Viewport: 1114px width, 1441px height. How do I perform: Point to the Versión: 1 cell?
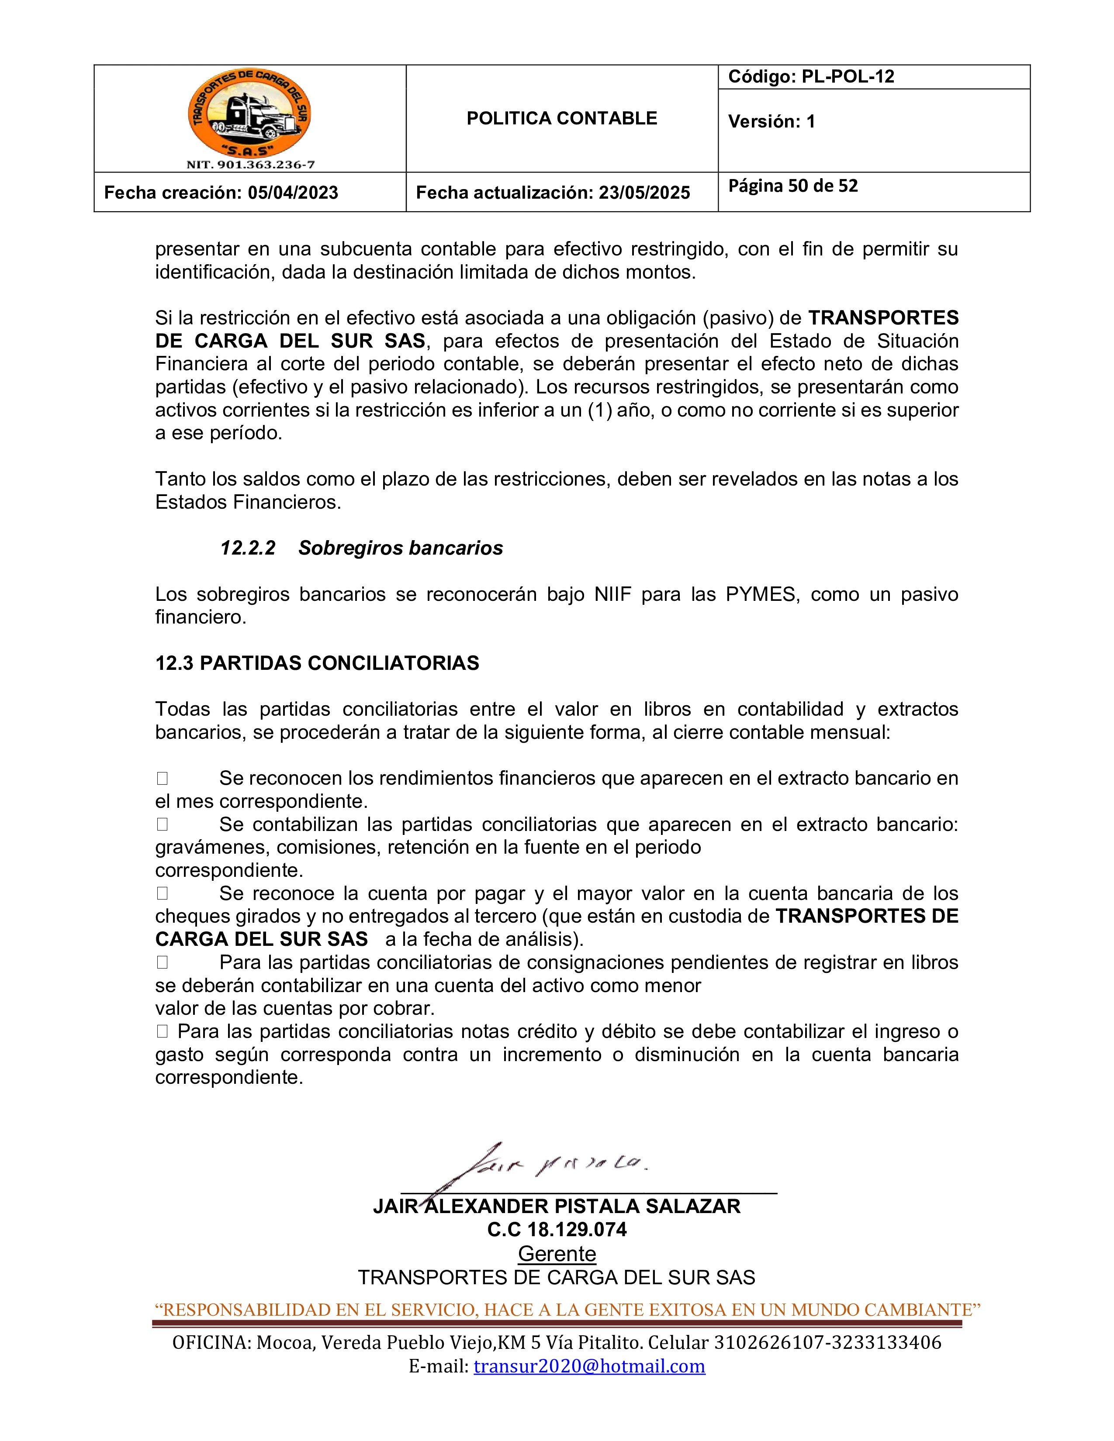[x=771, y=121]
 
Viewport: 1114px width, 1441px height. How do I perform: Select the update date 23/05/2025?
[x=644, y=193]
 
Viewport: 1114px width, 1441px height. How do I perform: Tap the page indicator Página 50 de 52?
[x=792, y=186]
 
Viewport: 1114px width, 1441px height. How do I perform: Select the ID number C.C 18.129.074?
[x=556, y=1229]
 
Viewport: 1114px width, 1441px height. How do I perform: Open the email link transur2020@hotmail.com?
[x=589, y=1366]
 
